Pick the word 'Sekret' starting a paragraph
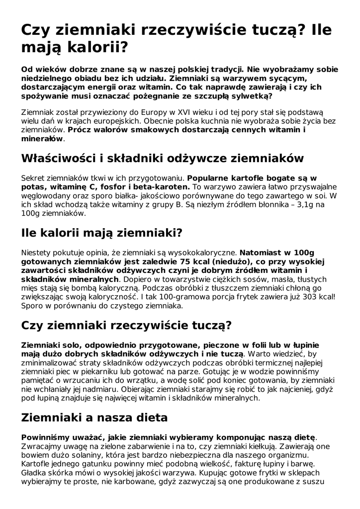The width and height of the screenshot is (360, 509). pos(33,177)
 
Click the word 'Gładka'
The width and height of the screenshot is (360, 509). pos(34,473)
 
